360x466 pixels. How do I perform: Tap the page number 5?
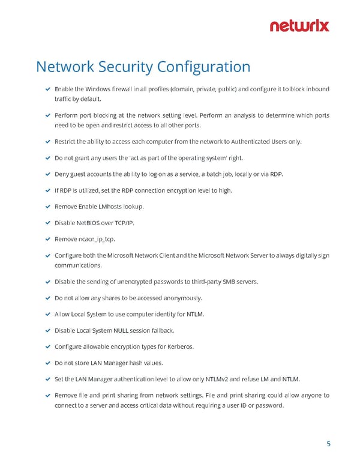[x=328, y=444]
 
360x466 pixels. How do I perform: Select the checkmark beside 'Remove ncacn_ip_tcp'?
[x=47, y=239]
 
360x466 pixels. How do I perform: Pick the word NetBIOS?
[x=89, y=223]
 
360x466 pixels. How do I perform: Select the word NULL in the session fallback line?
[x=131, y=330]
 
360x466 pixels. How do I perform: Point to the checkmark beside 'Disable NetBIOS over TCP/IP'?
[x=47, y=223]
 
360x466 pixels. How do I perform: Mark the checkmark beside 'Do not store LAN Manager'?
[x=47, y=363]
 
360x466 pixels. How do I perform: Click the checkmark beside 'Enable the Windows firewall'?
[x=47, y=89]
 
